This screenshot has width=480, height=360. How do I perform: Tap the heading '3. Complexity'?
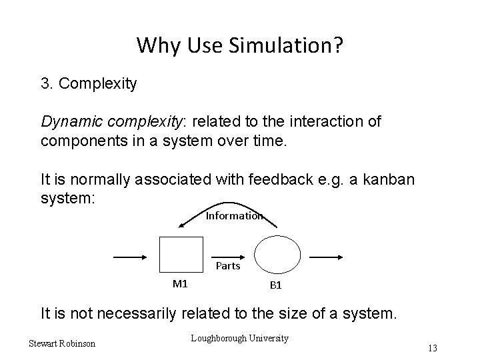89,84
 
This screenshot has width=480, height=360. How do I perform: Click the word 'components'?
81,141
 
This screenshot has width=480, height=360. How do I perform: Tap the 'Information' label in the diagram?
234,215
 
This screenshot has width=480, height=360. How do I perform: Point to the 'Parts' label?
228,266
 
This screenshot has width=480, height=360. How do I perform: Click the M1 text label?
180,283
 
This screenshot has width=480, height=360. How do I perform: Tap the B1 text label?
275,285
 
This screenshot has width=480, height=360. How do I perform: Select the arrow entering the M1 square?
131,256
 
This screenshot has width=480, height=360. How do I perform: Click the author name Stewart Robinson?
62,343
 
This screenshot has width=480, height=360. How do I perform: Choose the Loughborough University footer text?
239,339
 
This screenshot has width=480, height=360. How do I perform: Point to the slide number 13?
433,348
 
